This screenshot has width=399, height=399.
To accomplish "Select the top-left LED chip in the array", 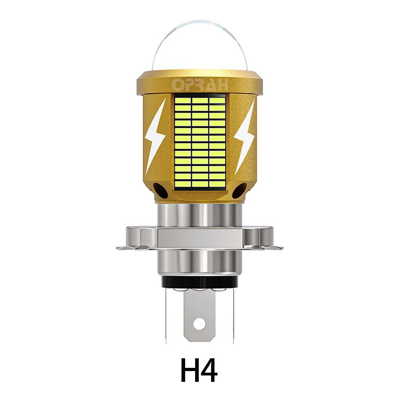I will tap(183, 100).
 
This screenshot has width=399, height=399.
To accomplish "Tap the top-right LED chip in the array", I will tap(216, 100).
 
